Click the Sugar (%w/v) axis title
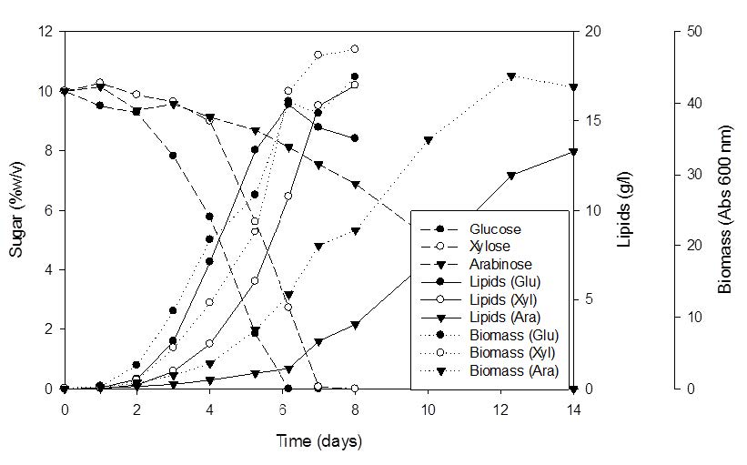click(16, 210)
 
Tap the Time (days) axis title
click(318, 442)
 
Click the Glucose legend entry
click(495, 229)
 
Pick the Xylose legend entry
click(490, 246)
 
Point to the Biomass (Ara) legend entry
click(513, 370)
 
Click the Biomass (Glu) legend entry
click(513, 335)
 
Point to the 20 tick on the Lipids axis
click(592, 32)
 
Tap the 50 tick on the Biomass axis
click(694, 32)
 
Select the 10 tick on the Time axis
click(428, 407)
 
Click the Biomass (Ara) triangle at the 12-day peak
click(511, 76)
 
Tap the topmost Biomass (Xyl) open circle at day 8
click(355, 49)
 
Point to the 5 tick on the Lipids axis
click(590, 299)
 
